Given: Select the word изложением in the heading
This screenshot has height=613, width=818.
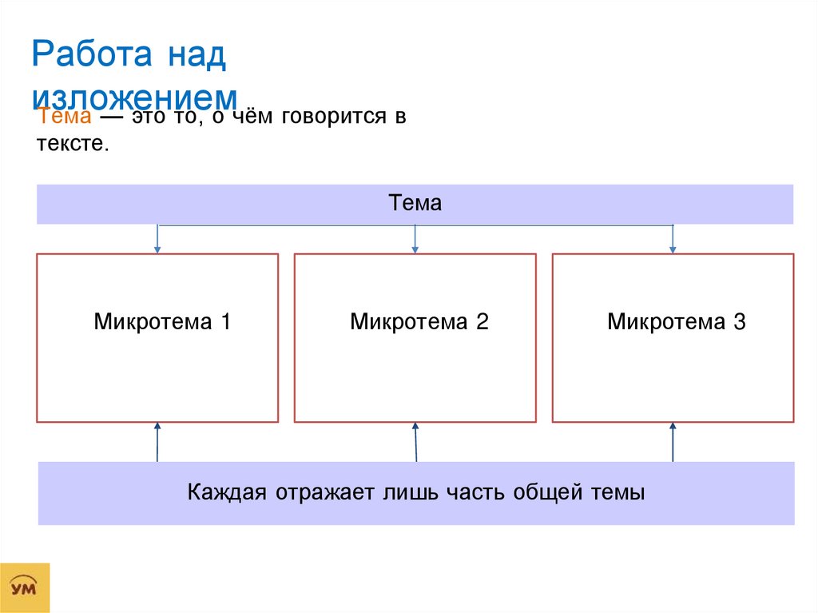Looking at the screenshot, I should click(x=135, y=98).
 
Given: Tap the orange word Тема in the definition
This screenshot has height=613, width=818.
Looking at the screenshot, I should click(x=64, y=118).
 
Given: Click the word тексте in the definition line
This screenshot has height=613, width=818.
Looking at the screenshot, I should click(x=70, y=145).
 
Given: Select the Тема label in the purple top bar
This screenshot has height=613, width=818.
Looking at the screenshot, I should click(x=415, y=203).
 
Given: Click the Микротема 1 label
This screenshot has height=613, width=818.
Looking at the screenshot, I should click(x=162, y=322).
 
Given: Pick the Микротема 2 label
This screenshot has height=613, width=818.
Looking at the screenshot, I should click(x=419, y=322).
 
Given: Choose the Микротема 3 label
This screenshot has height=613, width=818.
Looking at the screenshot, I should click(x=676, y=322).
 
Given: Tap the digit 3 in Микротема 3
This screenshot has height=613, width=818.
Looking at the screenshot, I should click(x=739, y=322).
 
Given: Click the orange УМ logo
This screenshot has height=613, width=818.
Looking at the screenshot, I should click(x=26, y=587).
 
